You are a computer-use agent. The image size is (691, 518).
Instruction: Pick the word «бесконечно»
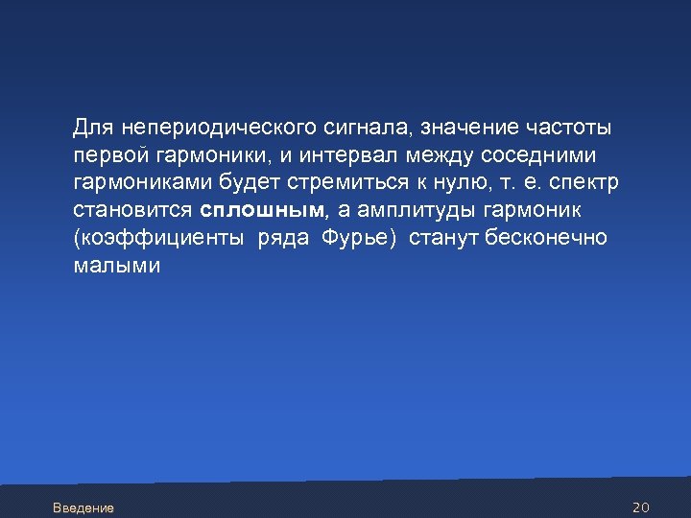pyautogui.click(x=546, y=238)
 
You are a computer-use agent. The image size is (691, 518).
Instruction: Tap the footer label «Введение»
pyautogui.click(x=83, y=507)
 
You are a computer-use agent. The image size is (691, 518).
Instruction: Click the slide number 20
pyautogui.click(x=642, y=506)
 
